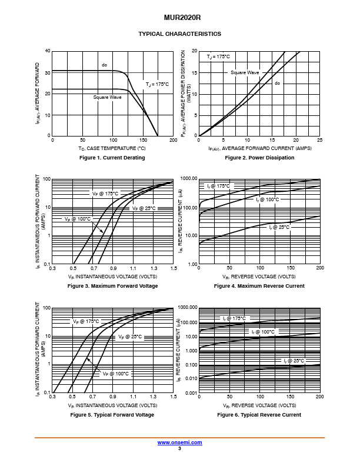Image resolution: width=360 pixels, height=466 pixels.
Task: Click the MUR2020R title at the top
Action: pyautogui.click(x=182, y=18)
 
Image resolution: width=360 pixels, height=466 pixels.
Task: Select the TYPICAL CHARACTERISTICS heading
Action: pyautogui.click(x=179, y=34)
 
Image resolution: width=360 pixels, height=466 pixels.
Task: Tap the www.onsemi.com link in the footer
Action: pyautogui.click(x=179, y=442)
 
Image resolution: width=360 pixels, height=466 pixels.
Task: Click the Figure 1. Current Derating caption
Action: pyautogui.click(x=112, y=158)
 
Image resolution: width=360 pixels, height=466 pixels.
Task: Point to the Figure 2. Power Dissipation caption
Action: pyautogui.click(x=259, y=158)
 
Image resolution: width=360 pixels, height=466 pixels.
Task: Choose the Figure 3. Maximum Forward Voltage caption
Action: pyautogui.click(x=112, y=286)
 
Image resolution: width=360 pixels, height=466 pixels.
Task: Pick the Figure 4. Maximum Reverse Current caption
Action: pyautogui.click(x=259, y=286)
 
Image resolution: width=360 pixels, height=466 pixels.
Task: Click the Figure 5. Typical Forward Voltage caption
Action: pyautogui.click(x=112, y=415)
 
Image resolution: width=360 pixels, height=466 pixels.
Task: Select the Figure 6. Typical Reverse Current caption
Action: pyautogui.click(x=259, y=415)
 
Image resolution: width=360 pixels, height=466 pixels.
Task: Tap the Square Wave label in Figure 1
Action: pyautogui.click(x=107, y=97)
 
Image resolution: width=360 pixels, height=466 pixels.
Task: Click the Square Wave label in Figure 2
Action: pyautogui.click(x=245, y=72)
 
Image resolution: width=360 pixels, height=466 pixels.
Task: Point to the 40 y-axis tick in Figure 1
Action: pyautogui.click(x=48, y=51)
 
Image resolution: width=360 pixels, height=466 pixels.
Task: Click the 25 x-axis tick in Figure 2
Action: pyautogui.click(x=319, y=140)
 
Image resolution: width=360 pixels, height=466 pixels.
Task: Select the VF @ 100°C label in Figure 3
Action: pyautogui.click(x=78, y=219)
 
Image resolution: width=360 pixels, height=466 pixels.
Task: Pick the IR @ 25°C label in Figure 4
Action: pyautogui.click(x=279, y=227)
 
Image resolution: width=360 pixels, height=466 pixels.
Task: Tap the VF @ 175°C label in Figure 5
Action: pyautogui.click(x=86, y=321)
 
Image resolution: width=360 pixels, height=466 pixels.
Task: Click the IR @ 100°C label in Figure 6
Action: pyautogui.click(x=263, y=332)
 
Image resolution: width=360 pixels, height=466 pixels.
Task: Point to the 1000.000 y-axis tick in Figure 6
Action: pyautogui.click(x=188, y=307)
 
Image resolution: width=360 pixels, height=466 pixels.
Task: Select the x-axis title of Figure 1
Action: pyautogui.click(x=112, y=148)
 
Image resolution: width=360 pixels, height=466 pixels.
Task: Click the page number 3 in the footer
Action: pyautogui.click(x=179, y=448)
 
